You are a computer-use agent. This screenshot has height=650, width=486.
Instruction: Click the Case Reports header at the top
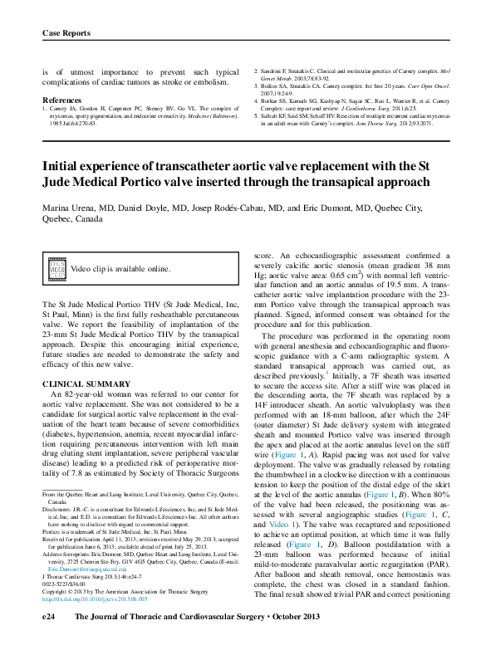point(66,32)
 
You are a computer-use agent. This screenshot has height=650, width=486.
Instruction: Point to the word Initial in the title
point(62,166)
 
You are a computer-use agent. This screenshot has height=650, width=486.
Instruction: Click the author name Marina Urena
point(71,207)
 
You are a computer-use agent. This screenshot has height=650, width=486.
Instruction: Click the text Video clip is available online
point(120,270)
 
